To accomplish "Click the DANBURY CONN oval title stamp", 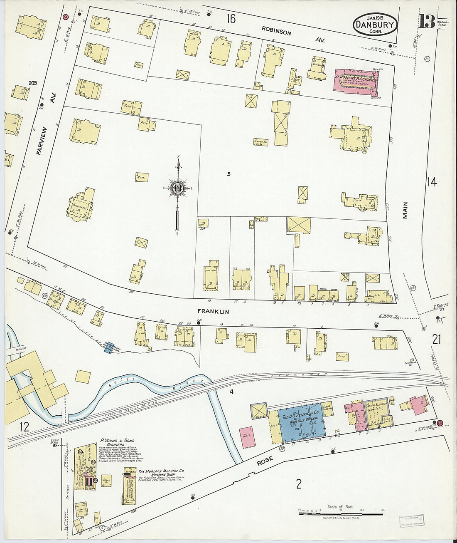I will click(375, 25).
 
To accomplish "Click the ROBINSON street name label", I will click(276, 32).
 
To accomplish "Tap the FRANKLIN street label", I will click(213, 311).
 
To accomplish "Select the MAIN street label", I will click(405, 210).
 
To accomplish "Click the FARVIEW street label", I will click(42, 141).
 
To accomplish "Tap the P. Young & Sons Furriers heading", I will click(117, 442).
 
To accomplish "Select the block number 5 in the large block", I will click(228, 174).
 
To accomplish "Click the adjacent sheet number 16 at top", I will click(231, 19).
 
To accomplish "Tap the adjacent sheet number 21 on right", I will click(436, 340).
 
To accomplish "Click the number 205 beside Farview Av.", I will click(32, 83).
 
